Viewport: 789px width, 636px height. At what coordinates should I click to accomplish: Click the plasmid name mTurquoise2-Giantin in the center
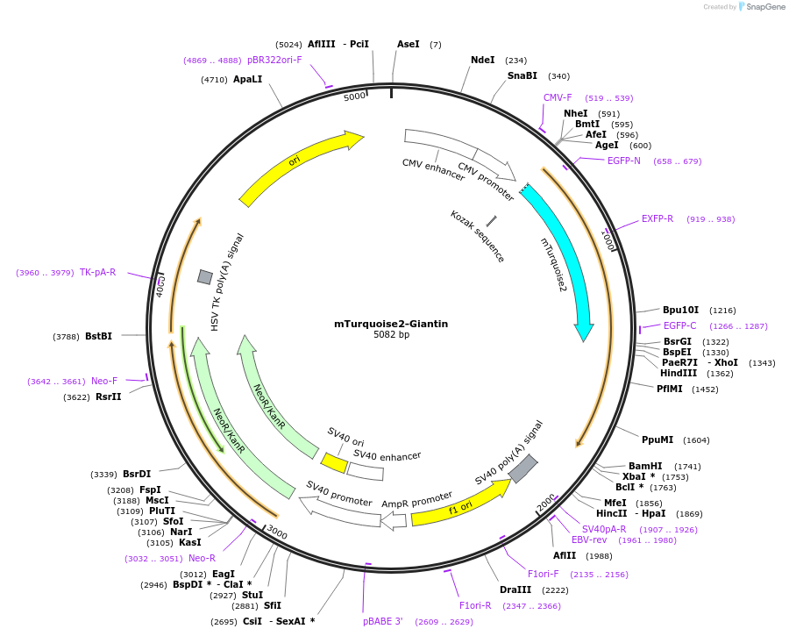pyautogui.click(x=391, y=324)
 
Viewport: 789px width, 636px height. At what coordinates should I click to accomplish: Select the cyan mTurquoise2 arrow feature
pyautogui.click(x=565, y=254)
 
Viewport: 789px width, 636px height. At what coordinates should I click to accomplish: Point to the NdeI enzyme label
pyautogui.click(x=482, y=61)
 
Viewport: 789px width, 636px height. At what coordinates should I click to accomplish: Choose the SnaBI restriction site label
pyautogui.click(x=522, y=76)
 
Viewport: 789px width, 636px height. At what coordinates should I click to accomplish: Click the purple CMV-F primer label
pyautogui.click(x=558, y=98)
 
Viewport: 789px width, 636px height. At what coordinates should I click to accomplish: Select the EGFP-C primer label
pyautogui.click(x=679, y=326)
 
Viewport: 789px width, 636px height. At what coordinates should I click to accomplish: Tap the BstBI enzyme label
pyautogui.click(x=98, y=336)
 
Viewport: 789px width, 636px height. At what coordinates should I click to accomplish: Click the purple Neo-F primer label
pyautogui.click(x=104, y=382)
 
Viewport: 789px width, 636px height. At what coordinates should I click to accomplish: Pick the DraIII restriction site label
pyautogui.click(x=515, y=590)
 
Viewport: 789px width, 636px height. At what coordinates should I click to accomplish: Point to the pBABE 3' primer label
pyautogui.click(x=383, y=622)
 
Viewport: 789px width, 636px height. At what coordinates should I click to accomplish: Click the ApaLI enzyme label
pyautogui.click(x=248, y=80)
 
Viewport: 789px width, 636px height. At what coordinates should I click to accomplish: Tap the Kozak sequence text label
pyautogui.click(x=478, y=236)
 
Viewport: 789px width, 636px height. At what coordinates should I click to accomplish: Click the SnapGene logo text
pyautogui.click(x=765, y=7)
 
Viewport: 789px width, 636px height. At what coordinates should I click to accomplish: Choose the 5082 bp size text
pyautogui.click(x=391, y=335)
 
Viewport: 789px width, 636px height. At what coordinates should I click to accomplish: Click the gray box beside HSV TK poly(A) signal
pyautogui.click(x=204, y=277)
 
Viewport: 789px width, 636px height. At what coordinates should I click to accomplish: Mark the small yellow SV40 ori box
pyautogui.click(x=334, y=462)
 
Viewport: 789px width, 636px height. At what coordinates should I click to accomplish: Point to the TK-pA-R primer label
pyautogui.click(x=97, y=273)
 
